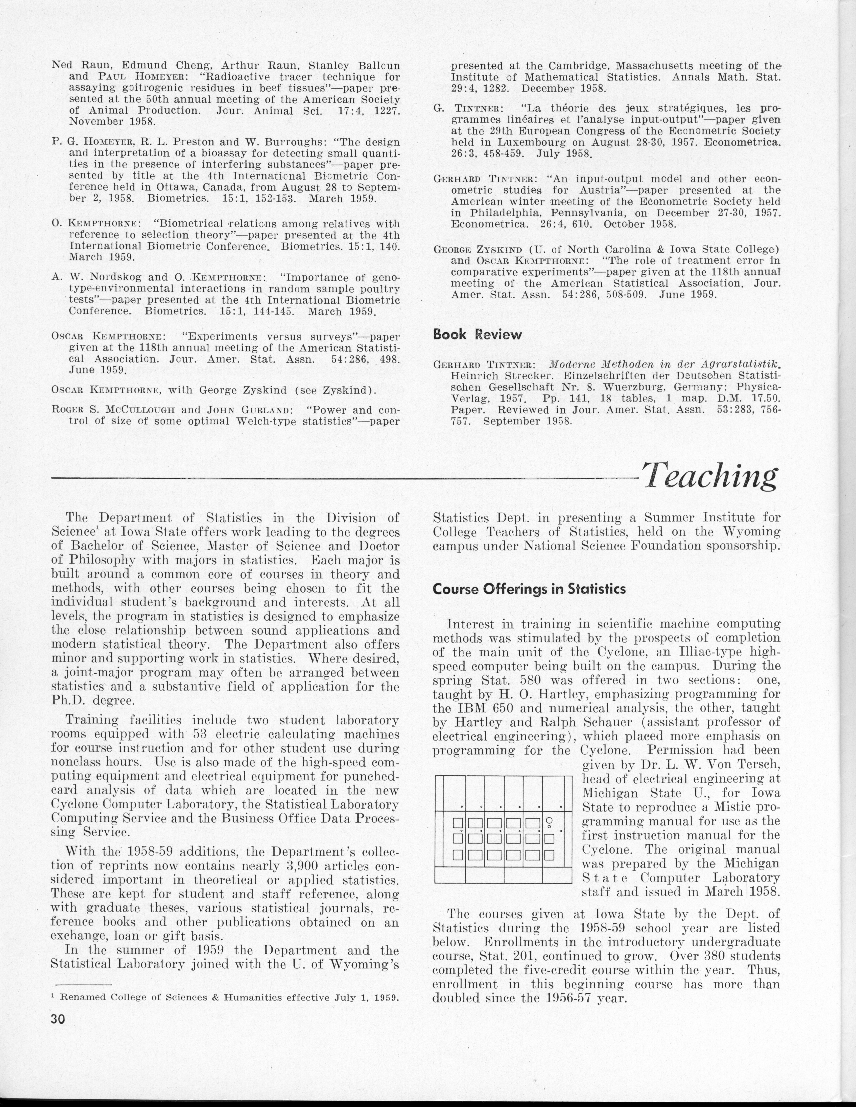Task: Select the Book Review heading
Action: [x=477, y=335]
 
